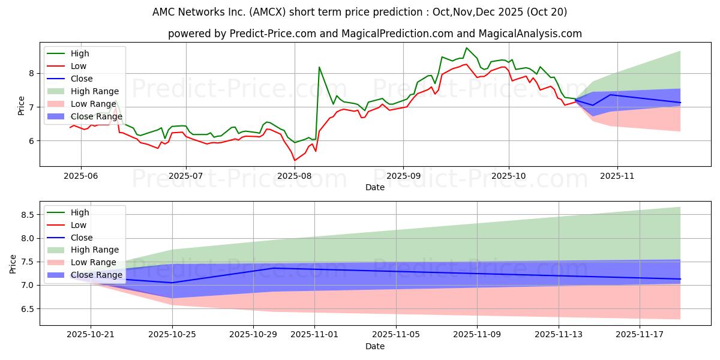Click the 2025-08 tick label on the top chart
coord(294,175)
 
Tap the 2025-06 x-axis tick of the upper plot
coord(81,175)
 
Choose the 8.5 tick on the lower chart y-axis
coord(28,214)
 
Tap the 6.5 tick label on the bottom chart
coord(28,308)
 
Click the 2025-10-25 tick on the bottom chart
coord(172,335)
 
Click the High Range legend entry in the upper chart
coord(94,91)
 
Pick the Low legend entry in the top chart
coord(79,66)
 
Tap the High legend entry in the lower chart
coord(80,212)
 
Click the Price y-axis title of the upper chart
coord(22,106)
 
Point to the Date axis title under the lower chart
coord(375,346)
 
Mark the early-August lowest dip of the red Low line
coord(294,160)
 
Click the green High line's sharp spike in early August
coord(319,67)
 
